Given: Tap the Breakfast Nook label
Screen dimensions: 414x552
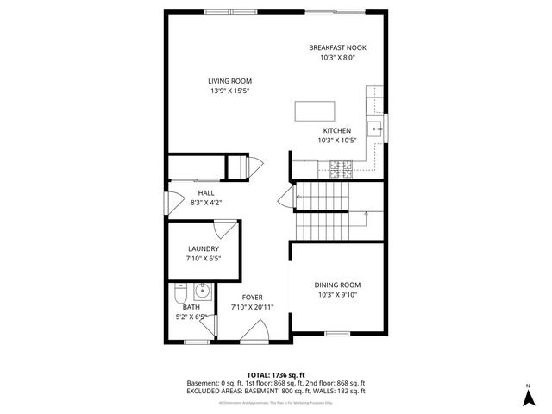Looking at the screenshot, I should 338,47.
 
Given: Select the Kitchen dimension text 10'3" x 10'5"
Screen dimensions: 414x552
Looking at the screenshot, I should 337,140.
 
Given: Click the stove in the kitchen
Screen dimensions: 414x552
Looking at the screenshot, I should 342,166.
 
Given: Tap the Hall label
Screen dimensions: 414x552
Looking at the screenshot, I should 206,193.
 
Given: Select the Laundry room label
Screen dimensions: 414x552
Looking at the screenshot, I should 204,248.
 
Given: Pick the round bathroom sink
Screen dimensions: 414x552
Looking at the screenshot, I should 200,290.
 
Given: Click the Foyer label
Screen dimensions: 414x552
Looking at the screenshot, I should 252,298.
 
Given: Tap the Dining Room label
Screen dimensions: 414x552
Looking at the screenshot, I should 337,285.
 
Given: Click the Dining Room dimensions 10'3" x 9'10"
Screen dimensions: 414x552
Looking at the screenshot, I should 337,294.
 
